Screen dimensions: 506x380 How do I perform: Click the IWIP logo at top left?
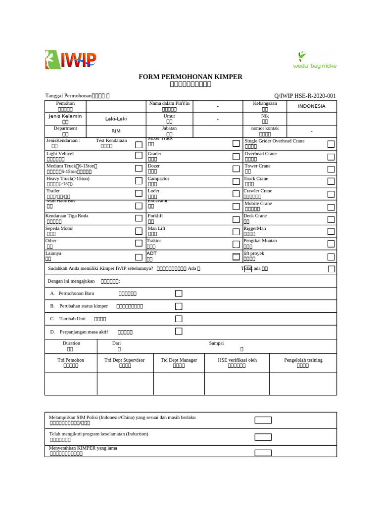pyautogui.click(x=71, y=60)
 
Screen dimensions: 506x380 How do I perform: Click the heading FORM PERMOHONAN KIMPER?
pyautogui.click(x=190, y=77)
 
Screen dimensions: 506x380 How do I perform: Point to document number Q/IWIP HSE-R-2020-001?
pyautogui.click(x=305, y=96)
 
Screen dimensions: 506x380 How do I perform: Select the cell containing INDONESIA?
pyautogui.click(x=311, y=106)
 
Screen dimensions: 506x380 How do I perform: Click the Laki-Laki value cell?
pyautogui.click(x=116, y=119)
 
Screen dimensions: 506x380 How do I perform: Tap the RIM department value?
pyautogui.click(x=116, y=131)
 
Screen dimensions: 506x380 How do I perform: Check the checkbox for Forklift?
pyautogui.click(x=236, y=218)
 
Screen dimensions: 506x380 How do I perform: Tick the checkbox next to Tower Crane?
pyautogui.click(x=331, y=169)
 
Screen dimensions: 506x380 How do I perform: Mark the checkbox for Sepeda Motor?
pyautogui.click(x=139, y=231)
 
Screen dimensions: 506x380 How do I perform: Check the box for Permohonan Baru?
pyautogui.click(x=179, y=294)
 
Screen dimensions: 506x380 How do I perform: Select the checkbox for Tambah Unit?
pyautogui.click(x=179, y=319)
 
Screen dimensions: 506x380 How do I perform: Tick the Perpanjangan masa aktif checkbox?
pyautogui.click(x=179, y=331)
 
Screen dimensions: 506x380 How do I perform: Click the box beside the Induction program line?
pyautogui.click(x=263, y=437)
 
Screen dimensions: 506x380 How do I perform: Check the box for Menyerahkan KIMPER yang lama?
pyautogui.click(x=263, y=453)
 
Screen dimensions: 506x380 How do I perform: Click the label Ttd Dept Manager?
pyautogui.click(x=179, y=360)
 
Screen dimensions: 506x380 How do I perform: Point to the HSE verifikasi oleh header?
pyautogui.click(x=237, y=360)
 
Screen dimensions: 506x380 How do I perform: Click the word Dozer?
pyautogui.click(x=153, y=166)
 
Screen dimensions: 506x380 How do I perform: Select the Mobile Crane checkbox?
pyautogui.click(x=331, y=207)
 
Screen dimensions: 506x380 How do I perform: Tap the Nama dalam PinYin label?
pyautogui.click(x=169, y=103)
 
